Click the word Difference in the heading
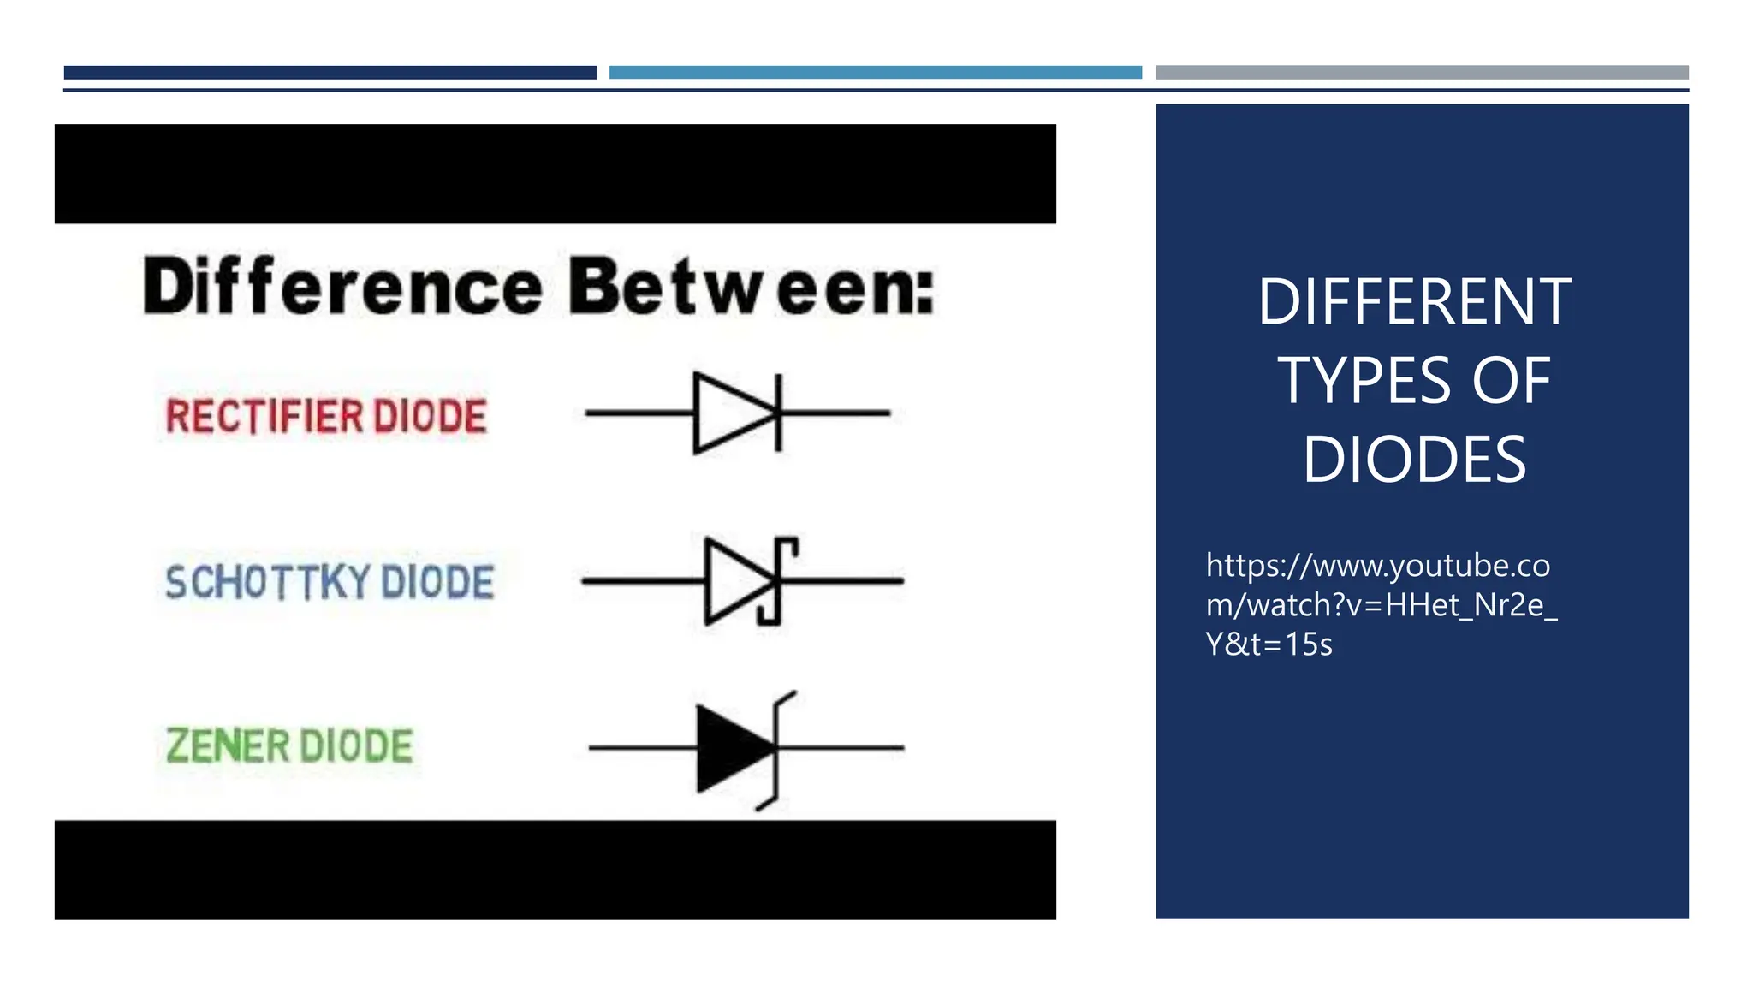tap(342, 287)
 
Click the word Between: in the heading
tap(751, 287)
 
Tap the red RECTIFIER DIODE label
tap(326, 417)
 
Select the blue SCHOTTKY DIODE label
tap(330, 582)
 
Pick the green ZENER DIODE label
tap(289, 745)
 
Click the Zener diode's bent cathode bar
tap(777, 748)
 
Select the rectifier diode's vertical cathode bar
tap(778, 413)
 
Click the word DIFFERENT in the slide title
tap(1414, 302)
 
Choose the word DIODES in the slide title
tap(1414, 460)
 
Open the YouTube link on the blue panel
tap(1380, 604)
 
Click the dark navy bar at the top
tap(330, 73)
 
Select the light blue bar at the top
tap(875, 73)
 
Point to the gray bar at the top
tap(1422, 73)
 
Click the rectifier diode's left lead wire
tap(638, 413)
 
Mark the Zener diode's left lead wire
tap(642, 748)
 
